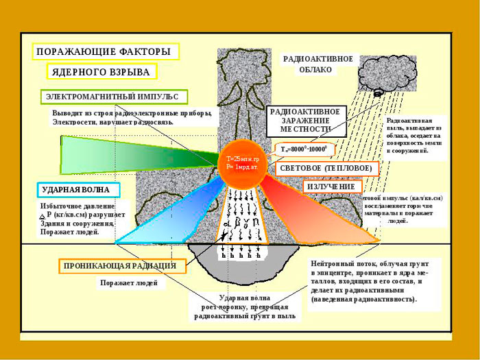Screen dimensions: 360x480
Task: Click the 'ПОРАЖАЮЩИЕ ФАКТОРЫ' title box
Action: (106, 51)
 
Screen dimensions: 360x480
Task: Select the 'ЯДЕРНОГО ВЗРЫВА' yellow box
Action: (103, 71)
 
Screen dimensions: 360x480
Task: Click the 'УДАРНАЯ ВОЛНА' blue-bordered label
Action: (76, 190)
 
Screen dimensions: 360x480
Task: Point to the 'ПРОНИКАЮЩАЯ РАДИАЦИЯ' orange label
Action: (121, 266)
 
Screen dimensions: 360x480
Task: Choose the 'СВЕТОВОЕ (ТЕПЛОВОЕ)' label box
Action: (326, 168)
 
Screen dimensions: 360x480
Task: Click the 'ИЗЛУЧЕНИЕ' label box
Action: (331, 187)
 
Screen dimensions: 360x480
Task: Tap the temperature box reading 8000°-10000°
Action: (304, 149)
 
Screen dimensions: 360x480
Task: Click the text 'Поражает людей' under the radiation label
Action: (129, 283)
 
